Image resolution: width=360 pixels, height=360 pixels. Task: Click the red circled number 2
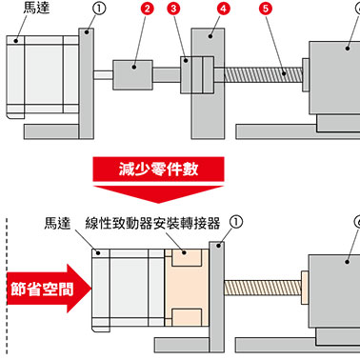(x=147, y=9)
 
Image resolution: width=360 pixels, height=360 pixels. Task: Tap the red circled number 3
(x=173, y=9)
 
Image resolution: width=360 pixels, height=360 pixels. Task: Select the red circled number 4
(x=223, y=9)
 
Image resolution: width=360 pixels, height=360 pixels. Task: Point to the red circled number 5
(x=266, y=9)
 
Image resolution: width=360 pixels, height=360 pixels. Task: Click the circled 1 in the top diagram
(x=99, y=9)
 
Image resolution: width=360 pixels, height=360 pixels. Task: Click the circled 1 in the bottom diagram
(x=235, y=222)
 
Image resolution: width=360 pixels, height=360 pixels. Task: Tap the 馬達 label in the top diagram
(x=36, y=8)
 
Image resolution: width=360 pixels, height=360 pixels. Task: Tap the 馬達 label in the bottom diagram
(x=57, y=223)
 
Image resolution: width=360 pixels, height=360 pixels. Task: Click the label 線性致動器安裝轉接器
(x=152, y=224)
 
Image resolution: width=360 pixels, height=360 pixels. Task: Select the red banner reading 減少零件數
(x=158, y=169)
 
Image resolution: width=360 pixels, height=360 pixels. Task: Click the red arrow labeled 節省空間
(x=50, y=289)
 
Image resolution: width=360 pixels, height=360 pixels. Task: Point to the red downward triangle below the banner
(x=158, y=194)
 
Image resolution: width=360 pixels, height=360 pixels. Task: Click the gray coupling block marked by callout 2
(x=132, y=75)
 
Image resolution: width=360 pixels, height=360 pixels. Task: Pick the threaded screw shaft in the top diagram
(x=263, y=75)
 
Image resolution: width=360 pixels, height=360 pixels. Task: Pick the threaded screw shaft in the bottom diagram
(x=263, y=289)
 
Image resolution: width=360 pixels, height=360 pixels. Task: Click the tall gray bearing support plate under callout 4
(x=208, y=84)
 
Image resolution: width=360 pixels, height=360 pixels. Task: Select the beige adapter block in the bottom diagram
(x=187, y=288)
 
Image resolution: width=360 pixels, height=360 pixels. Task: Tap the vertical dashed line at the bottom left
(x=7, y=286)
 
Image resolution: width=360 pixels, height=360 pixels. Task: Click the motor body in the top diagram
(x=43, y=76)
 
